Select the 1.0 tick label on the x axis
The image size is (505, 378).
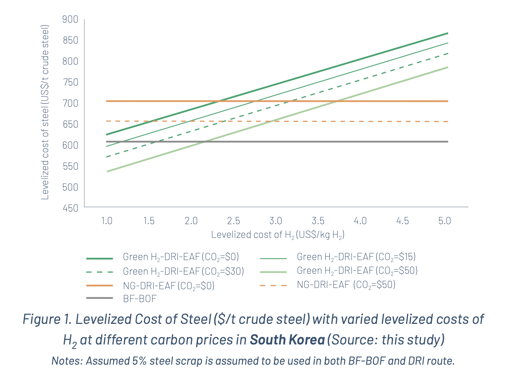(107, 220)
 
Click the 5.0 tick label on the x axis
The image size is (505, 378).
(444, 220)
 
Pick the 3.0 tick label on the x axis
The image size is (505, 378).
(276, 220)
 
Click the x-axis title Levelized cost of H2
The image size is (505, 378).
(278, 235)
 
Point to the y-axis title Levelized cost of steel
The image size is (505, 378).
(45, 113)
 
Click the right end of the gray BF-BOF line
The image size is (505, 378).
(448, 142)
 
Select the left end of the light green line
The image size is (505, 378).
(107, 172)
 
